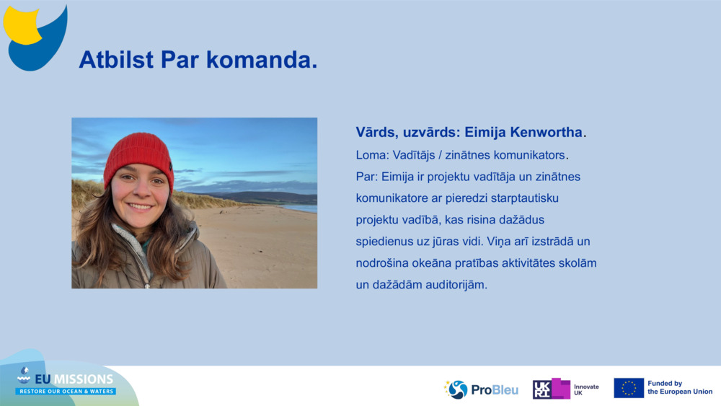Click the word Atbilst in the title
click(116, 60)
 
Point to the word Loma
click(370, 155)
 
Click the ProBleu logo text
click(495, 390)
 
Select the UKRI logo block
click(551, 389)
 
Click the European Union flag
click(629, 388)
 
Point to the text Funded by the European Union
click(680, 387)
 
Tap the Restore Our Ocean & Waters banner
click(66, 392)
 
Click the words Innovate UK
click(586, 390)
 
